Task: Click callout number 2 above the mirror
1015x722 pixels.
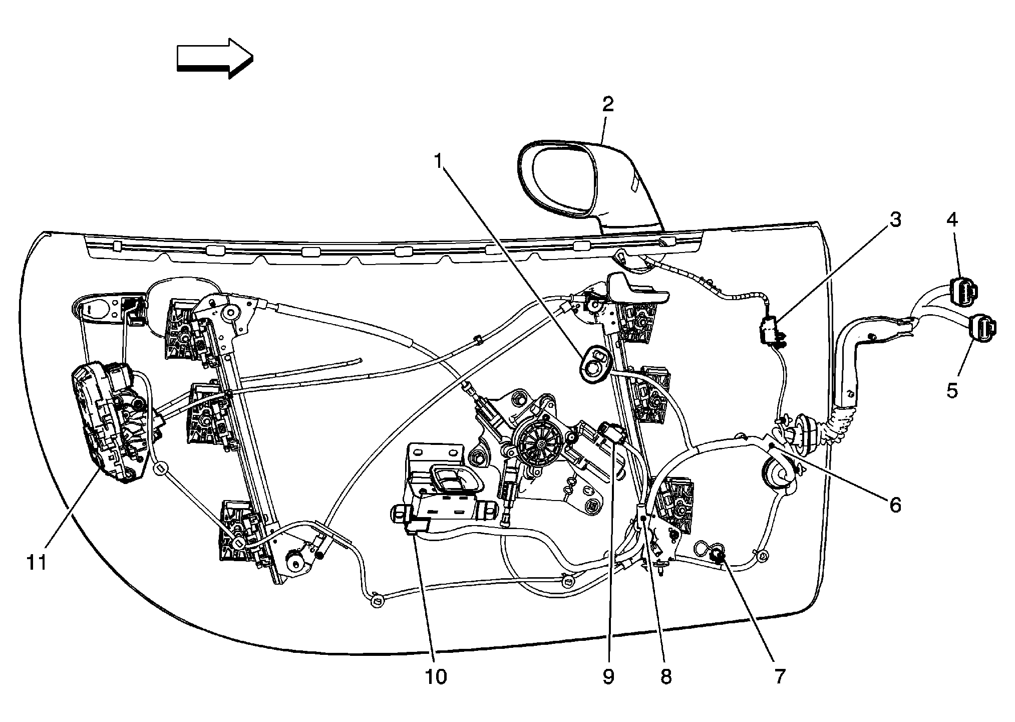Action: (x=607, y=104)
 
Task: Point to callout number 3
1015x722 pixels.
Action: (x=895, y=219)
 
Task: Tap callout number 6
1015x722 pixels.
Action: (x=895, y=505)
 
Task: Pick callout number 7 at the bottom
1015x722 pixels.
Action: (x=780, y=676)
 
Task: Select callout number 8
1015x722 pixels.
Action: (x=665, y=676)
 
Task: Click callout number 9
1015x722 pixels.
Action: (x=608, y=676)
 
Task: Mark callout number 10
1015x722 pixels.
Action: (x=436, y=676)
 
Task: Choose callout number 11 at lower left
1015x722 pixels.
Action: (x=37, y=562)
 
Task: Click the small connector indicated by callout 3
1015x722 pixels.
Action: (x=769, y=331)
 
